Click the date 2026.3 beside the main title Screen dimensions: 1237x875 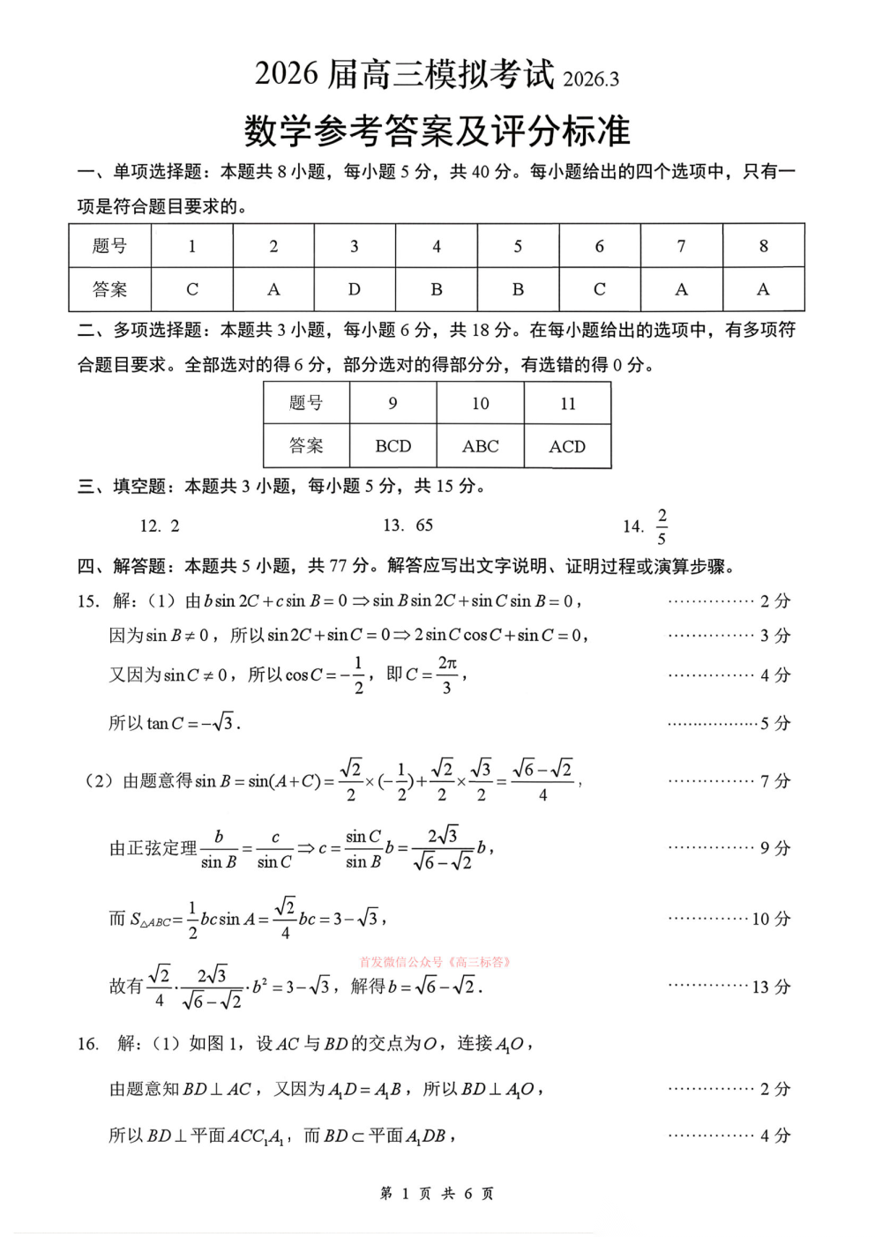(591, 79)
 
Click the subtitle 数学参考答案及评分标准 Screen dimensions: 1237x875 (437, 131)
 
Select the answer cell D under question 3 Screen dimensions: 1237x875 (355, 289)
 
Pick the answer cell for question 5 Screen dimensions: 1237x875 (518, 289)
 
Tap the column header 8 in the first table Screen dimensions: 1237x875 (763, 246)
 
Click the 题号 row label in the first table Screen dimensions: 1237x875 (110, 246)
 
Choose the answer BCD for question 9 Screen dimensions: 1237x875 (393, 446)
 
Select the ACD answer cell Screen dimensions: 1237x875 (567, 446)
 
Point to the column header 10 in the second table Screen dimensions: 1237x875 (480, 403)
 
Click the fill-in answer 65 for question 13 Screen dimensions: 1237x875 (424, 525)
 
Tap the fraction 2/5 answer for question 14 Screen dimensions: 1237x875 (662, 526)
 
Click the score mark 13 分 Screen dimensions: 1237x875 (771, 987)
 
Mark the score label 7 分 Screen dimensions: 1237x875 (775, 781)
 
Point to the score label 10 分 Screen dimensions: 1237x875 (771, 919)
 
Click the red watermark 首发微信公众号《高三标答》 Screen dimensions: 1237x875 (436, 962)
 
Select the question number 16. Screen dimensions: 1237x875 (87, 1044)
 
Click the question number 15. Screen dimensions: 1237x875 (87, 601)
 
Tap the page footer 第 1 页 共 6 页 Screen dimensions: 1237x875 (437, 1193)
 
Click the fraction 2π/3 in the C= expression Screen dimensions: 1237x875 (447, 674)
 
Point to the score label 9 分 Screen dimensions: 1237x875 (775, 848)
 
